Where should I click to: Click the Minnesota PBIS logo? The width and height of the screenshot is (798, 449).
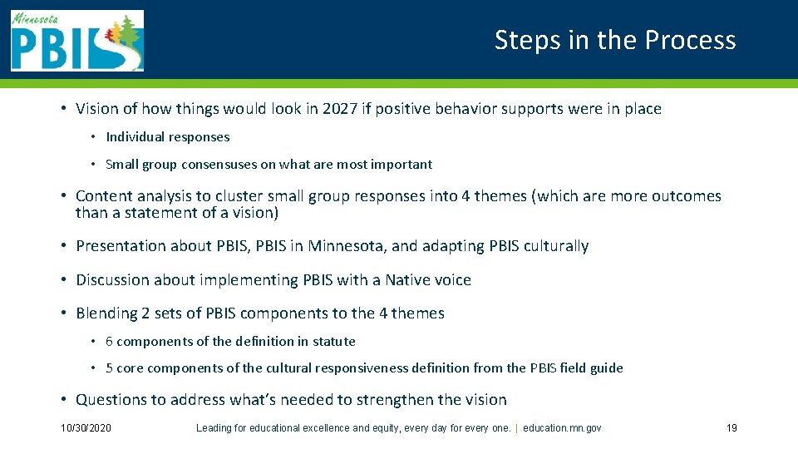click(x=76, y=41)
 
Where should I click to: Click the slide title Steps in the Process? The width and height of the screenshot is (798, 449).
click(x=615, y=40)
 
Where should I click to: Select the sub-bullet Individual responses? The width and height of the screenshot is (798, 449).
click(x=167, y=137)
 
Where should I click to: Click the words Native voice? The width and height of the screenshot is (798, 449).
click(x=427, y=280)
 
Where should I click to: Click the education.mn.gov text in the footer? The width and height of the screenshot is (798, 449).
click(x=562, y=428)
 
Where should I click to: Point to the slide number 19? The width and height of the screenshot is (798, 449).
click(x=731, y=428)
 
